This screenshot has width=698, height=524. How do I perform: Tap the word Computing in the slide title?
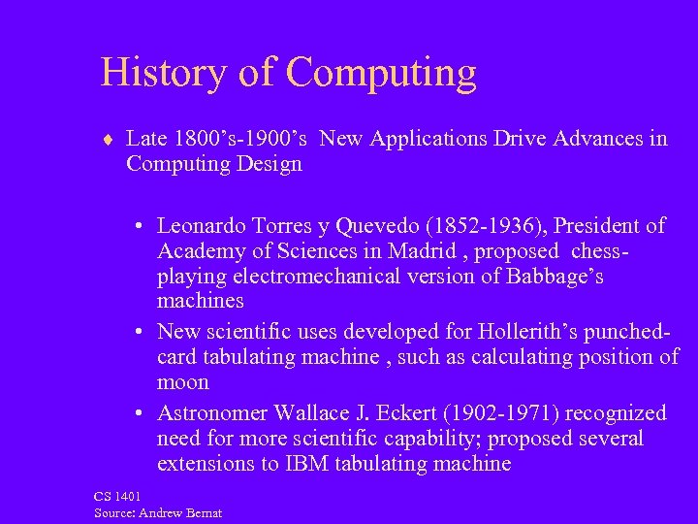[x=381, y=75]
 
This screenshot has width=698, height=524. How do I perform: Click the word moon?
[x=183, y=381]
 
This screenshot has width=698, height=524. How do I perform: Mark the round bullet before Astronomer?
[x=142, y=412]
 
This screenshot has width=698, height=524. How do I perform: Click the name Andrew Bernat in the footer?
[x=184, y=512]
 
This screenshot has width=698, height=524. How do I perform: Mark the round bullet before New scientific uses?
[x=142, y=330]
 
